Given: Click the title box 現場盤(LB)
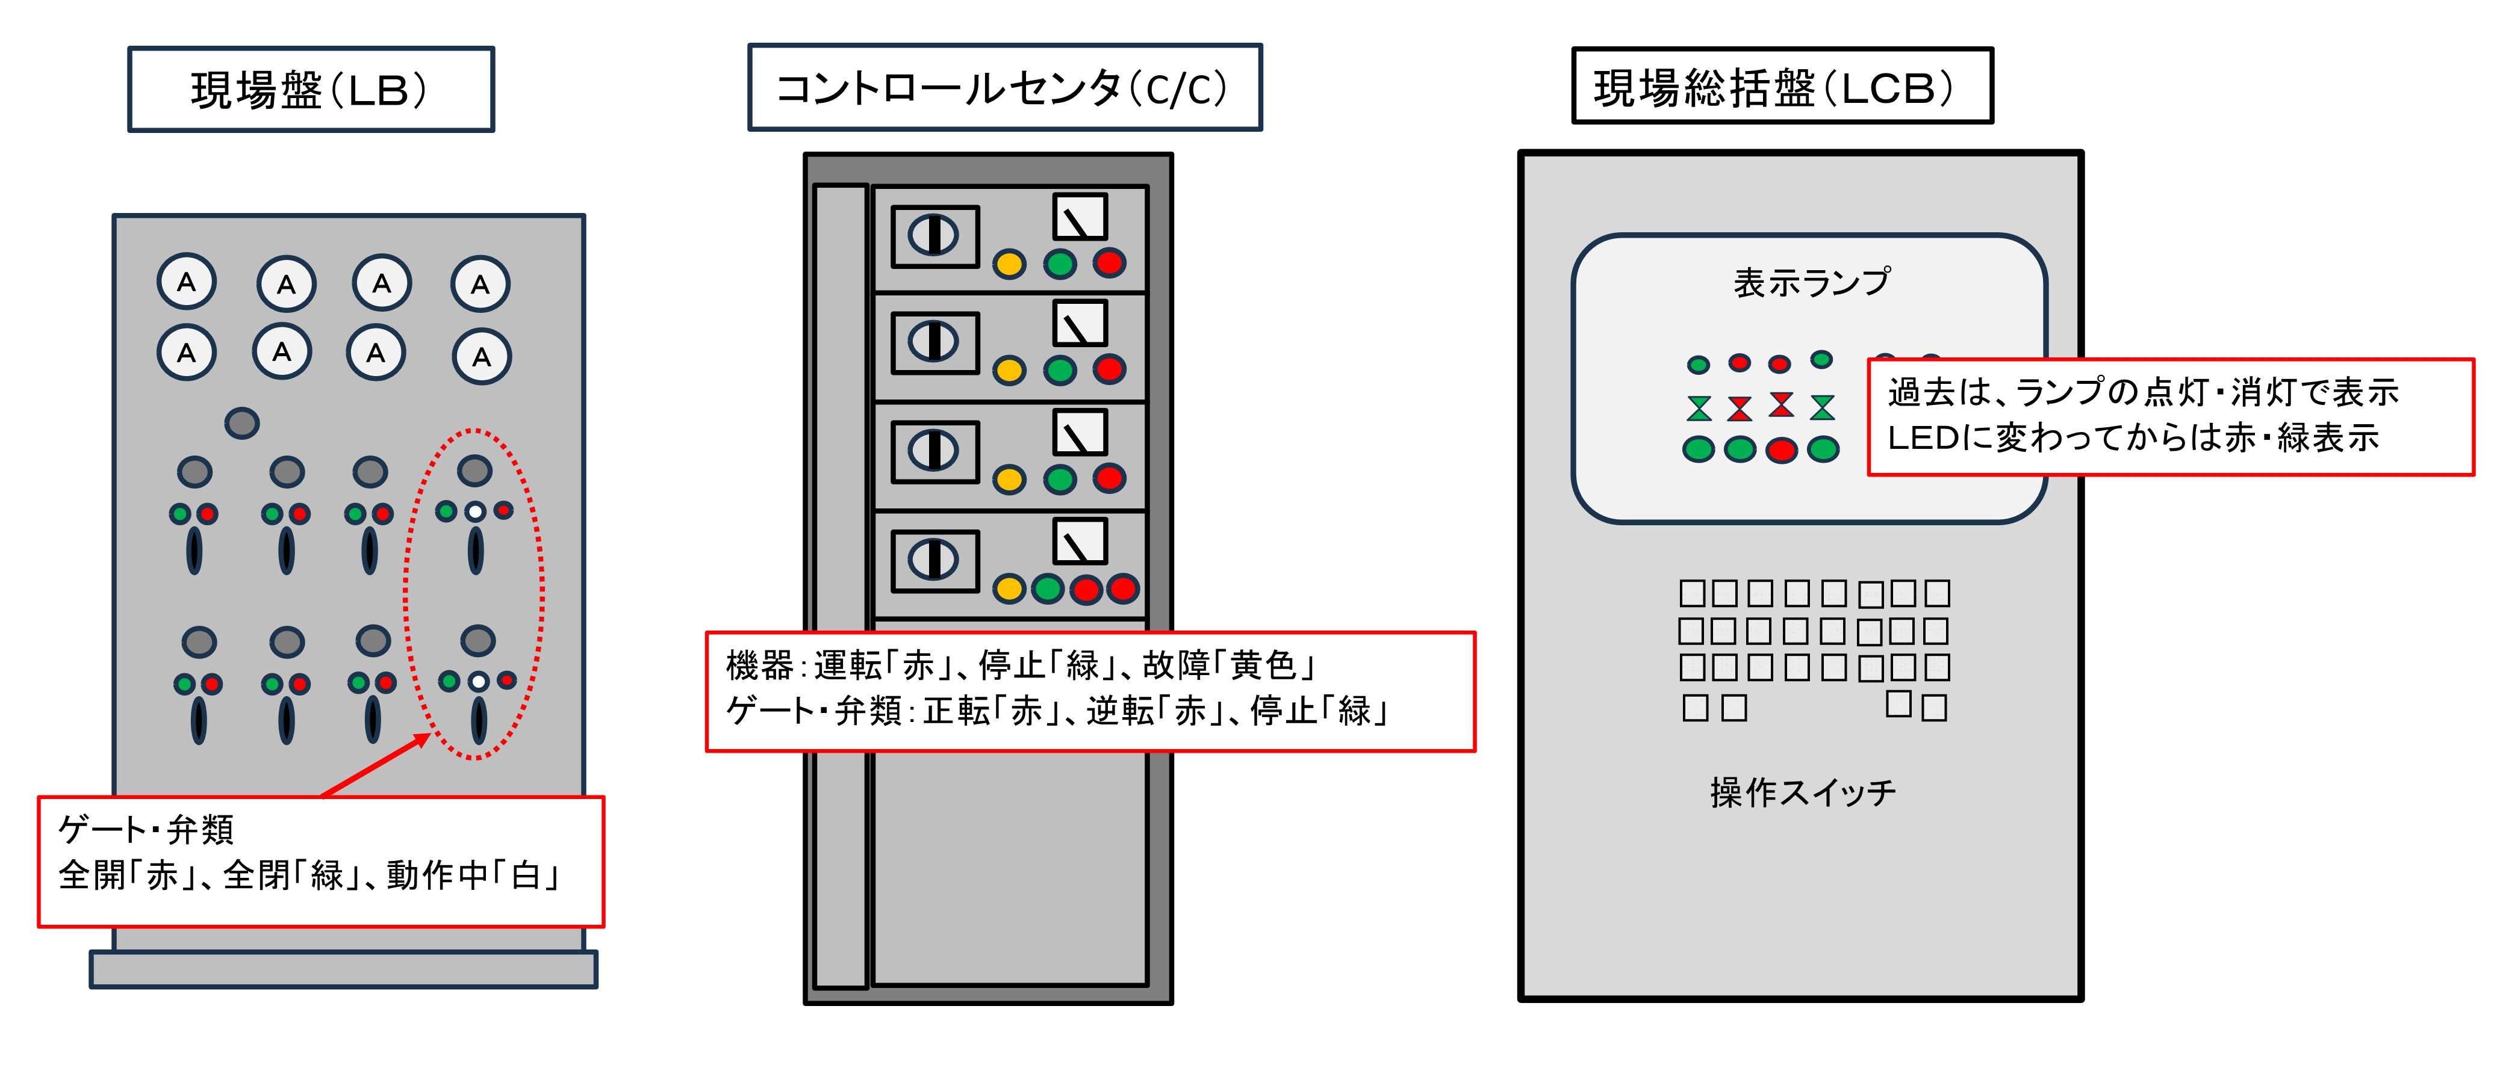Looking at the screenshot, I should [311, 89].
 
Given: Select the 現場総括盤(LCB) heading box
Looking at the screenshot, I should [1782, 86].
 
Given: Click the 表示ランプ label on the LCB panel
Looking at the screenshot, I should [1812, 282].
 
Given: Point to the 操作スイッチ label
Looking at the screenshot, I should [1802, 792].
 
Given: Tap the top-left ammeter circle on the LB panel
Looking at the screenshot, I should [186, 282].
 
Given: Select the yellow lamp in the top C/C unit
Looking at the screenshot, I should [1009, 264].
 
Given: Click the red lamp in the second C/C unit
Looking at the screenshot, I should [1109, 369].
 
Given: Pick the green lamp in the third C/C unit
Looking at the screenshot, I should [1060, 479].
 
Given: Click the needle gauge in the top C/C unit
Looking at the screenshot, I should [1080, 217].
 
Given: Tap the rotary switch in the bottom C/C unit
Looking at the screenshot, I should [934, 560].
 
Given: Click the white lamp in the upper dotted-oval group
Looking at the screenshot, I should [474, 511].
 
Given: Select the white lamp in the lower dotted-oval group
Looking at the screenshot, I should [477, 681].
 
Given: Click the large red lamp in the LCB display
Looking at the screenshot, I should [1781, 449].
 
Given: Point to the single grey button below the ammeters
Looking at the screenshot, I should [241, 423].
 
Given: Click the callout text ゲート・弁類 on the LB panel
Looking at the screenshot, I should [146, 830].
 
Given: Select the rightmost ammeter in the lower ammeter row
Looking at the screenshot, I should [481, 356].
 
